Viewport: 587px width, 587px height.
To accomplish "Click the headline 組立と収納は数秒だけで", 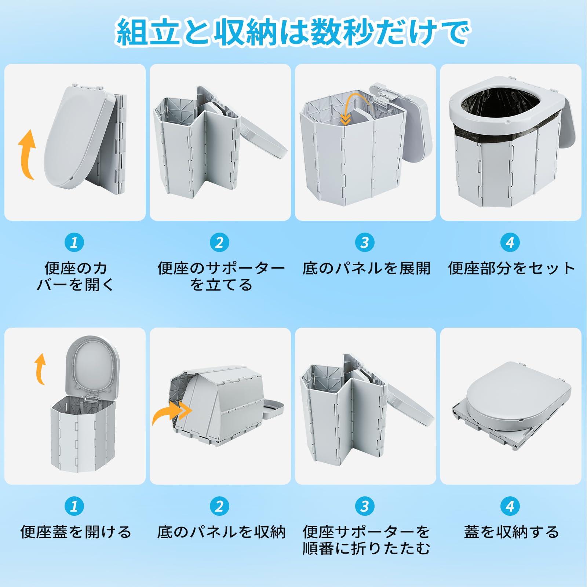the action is [293, 32].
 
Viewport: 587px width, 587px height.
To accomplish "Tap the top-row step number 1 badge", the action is [74, 243].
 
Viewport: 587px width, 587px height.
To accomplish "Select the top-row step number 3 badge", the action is [365, 243].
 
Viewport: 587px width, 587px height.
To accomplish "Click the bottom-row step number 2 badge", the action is [219, 506].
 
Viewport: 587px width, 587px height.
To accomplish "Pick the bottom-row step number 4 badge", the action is [510, 506].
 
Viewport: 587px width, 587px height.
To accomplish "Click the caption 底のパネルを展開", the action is [366, 268].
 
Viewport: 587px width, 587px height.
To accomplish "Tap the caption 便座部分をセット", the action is [511, 268].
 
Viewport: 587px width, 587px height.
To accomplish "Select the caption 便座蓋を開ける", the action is [76, 532].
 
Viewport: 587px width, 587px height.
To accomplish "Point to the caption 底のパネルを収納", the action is [221, 532].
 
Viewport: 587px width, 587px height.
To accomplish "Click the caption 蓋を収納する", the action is [511, 532].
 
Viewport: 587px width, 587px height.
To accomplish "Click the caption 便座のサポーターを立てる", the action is [221, 276].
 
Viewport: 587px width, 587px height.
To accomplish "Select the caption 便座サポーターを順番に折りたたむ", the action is [366, 540].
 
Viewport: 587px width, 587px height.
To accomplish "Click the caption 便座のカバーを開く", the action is [76, 276].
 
